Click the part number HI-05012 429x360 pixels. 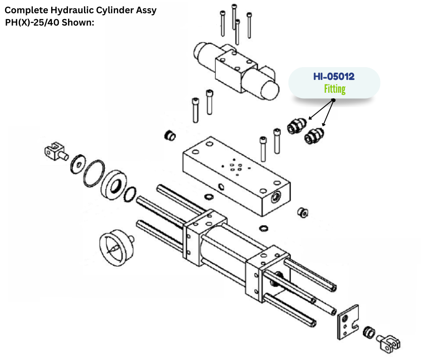[x=334, y=77]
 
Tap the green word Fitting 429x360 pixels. [x=335, y=89]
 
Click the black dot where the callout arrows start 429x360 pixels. [x=333, y=100]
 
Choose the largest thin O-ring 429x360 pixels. [x=94, y=173]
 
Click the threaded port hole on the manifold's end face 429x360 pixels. [x=277, y=196]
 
